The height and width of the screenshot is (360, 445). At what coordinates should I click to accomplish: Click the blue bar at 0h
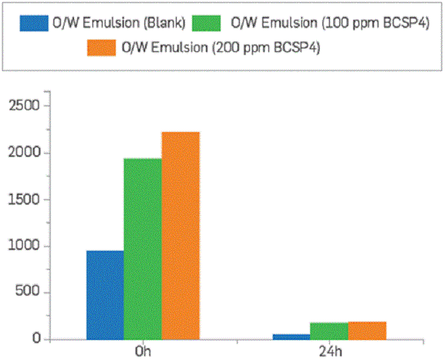[105, 295]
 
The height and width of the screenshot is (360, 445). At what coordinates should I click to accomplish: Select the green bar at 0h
[142, 249]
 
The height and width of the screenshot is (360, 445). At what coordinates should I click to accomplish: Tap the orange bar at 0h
[180, 235]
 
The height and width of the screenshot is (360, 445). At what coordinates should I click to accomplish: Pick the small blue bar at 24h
[292, 337]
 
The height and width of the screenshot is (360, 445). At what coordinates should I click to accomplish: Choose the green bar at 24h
[329, 331]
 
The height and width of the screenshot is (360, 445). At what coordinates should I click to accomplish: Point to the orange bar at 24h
[367, 331]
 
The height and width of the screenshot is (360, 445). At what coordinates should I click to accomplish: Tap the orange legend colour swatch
[101, 47]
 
